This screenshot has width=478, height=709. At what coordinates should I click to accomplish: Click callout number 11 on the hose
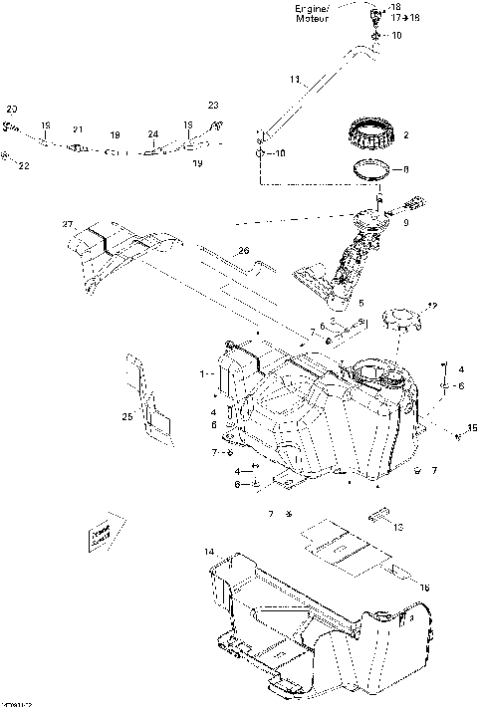pyautogui.click(x=294, y=79)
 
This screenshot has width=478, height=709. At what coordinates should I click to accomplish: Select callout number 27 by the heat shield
pyautogui.click(x=68, y=223)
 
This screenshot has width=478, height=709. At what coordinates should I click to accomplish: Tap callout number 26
pyautogui.click(x=241, y=252)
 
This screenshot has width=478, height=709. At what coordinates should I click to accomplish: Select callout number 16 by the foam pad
pyautogui.click(x=424, y=589)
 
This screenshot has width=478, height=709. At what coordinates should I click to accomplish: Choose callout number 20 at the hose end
pyautogui.click(x=12, y=108)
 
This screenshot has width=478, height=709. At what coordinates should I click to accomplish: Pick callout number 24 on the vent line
pyautogui.click(x=152, y=133)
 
